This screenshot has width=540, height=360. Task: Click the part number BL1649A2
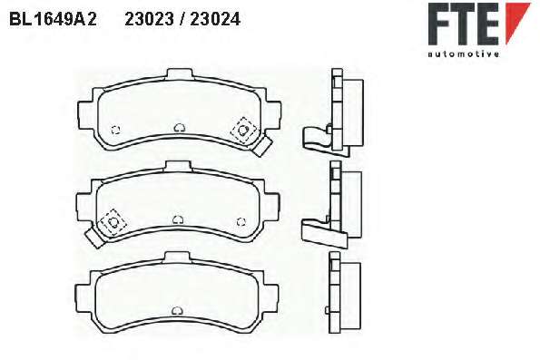[53, 19]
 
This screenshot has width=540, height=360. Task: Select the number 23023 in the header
[149, 19]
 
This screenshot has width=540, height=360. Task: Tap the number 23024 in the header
[215, 19]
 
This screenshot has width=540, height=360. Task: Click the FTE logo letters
[464, 24]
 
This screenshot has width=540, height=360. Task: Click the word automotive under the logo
[463, 54]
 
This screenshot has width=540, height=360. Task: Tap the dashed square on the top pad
[243, 130]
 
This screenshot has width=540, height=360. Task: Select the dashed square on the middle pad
[113, 222]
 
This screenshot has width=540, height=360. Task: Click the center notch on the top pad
[179, 128]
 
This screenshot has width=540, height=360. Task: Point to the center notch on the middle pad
[177, 219]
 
